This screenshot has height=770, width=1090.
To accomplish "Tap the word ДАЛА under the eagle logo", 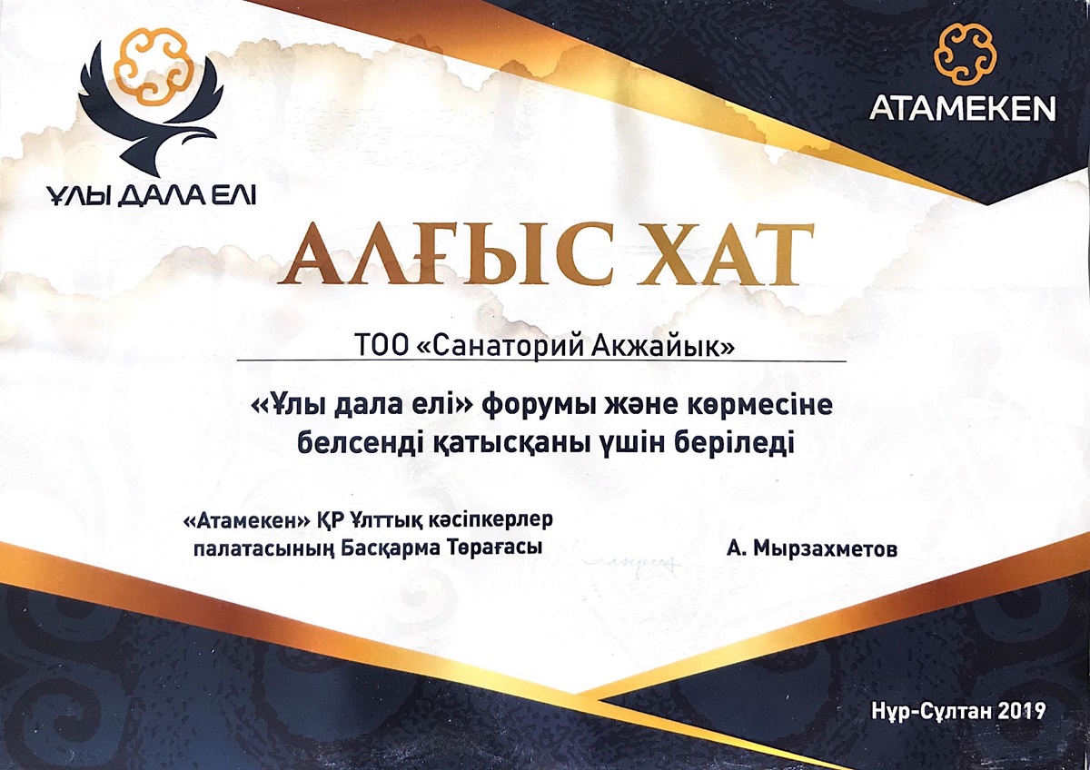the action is (159, 195).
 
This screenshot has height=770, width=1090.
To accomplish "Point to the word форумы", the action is (538, 407).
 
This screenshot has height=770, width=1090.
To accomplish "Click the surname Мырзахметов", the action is (826, 549).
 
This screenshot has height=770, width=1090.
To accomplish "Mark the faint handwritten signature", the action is (634, 564).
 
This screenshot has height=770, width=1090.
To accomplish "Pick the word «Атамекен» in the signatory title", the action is (247, 521).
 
